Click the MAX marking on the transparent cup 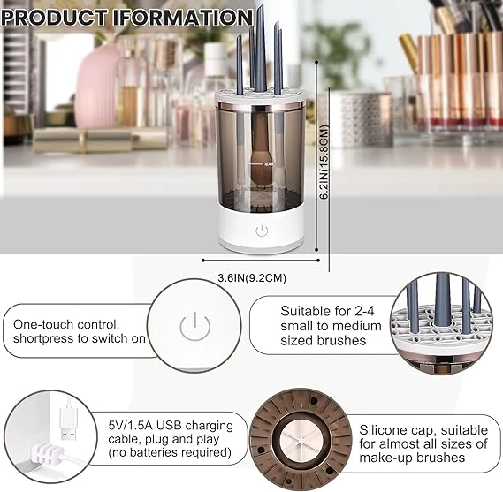click(x=266, y=163)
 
